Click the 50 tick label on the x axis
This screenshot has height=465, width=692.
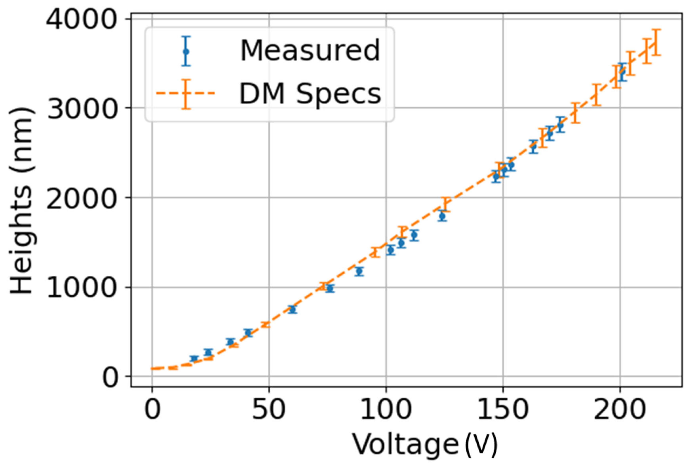[x=269, y=409]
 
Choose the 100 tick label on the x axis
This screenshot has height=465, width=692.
[x=386, y=409]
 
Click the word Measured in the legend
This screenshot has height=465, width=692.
[x=310, y=50]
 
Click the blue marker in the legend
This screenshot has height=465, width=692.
[x=186, y=51]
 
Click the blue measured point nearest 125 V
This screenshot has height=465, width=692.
[x=442, y=216]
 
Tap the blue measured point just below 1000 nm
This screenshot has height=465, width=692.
[x=330, y=288]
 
